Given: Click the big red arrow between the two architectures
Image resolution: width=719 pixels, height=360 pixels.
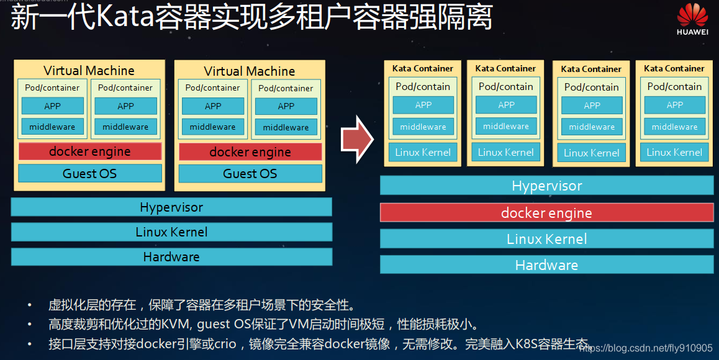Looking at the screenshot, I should tap(357, 141).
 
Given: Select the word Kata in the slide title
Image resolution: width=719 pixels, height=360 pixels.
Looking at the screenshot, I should tap(129, 18).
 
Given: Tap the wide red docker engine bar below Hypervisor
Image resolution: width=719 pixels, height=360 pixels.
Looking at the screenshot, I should tap(546, 213).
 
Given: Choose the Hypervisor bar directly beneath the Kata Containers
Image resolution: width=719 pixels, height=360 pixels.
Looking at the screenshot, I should tap(546, 186).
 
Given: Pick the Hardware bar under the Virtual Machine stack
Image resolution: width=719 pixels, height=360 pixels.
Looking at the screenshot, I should tap(171, 257).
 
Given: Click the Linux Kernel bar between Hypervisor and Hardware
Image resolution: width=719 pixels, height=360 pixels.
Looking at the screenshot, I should tap(171, 232).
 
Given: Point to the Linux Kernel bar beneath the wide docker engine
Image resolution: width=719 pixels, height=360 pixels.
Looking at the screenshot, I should tap(546, 239).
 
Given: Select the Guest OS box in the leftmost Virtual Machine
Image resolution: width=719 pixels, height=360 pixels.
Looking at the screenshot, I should tap(89, 173).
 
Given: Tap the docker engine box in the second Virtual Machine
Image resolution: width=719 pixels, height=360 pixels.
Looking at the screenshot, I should tap(250, 152).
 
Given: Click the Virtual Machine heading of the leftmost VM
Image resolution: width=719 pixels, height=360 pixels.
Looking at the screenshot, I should tap(89, 70).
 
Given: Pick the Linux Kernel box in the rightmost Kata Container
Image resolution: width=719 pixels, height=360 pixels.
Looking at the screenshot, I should tap(674, 152).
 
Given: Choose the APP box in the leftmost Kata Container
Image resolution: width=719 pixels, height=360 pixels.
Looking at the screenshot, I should tap(423, 105).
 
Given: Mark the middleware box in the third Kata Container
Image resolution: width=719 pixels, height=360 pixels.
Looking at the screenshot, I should tap(591, 127).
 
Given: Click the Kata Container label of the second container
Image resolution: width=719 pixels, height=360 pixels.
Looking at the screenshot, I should tap(505, 68).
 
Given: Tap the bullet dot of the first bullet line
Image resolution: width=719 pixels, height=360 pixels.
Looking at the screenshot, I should tap(29, 305).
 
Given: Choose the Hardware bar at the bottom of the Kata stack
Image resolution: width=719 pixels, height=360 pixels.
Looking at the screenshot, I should tap(546, 265).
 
